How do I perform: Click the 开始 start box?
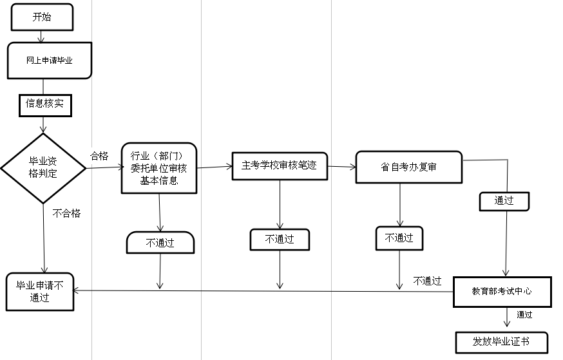point(41,17)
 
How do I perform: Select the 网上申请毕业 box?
point(49,61)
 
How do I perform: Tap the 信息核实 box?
point(44,103)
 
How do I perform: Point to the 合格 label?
point(99,155)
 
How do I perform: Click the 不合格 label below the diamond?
point(66,213)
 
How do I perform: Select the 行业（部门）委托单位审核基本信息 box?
point(158,168)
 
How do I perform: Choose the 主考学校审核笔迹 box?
point(280,166)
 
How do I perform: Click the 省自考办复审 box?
point(408,167)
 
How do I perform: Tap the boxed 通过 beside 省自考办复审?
point(504,201)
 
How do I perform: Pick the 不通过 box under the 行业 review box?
point(160,243)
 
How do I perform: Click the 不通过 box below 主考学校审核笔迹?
point(280,240)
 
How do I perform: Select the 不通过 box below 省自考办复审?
point(399,238)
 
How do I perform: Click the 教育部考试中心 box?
point(502,292)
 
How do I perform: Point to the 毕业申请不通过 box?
point(40,291)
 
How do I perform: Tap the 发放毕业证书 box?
point(501,341)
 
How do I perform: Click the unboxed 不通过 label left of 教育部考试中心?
point(427,281)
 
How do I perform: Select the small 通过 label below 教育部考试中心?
point(524,315)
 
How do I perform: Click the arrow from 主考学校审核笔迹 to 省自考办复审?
point(341,167)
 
